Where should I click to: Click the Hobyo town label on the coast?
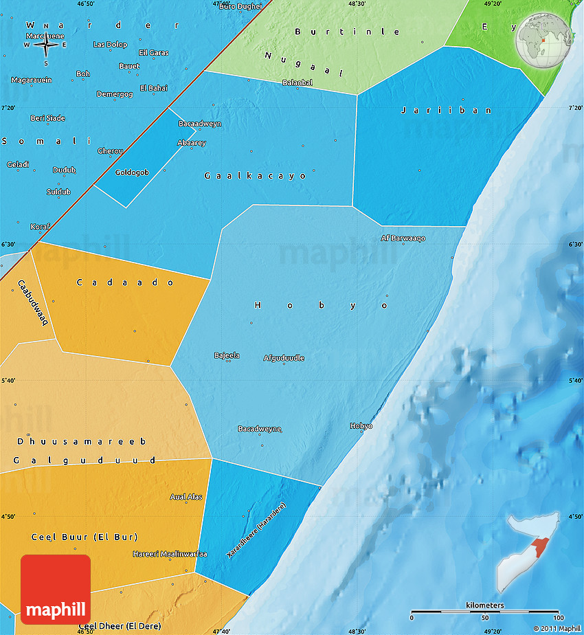pos(361,426)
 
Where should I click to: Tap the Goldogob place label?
pos(132,172)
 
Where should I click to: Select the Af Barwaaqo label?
pos(403,238)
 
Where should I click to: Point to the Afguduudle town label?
pos(284,358)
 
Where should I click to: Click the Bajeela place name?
pos(227,355)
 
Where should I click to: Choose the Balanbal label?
pos(297,82)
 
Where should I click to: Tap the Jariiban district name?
pos(447,110)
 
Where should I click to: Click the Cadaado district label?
pos(125,282)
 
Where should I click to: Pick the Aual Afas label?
pos(186,497)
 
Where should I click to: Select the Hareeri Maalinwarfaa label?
pos(170,554)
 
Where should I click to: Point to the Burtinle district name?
pos(347,32)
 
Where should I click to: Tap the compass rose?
pos(46,45)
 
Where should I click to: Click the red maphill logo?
pos(56,589)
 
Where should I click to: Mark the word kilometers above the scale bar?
pos(484,605)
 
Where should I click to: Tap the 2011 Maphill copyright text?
pos(557,628)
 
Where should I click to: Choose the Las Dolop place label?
pos(110,45)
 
